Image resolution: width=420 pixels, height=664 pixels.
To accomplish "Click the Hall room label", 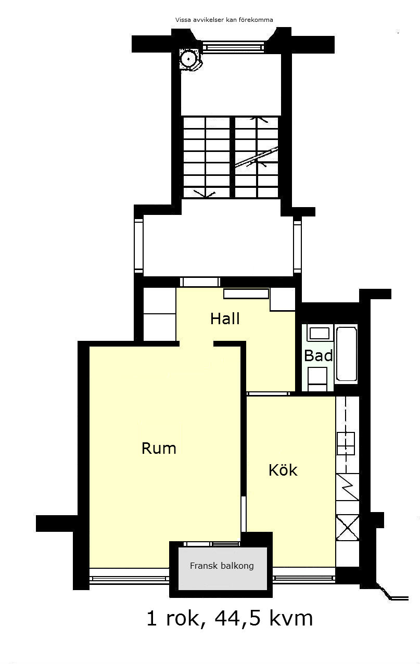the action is pos(225,318).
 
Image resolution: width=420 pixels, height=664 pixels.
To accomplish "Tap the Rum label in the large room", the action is pos(159,448).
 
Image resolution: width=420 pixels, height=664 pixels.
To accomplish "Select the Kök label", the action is pos(283,470).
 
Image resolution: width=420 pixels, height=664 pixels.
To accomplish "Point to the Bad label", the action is pos(319,355).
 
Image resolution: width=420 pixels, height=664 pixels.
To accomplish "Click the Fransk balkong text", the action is pos(222,566).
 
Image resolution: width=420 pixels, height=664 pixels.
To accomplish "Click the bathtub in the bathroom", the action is pos(347,354).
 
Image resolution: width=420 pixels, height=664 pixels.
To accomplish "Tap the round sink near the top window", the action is pos(188,59).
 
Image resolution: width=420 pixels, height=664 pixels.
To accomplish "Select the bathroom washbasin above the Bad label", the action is pos(320,334).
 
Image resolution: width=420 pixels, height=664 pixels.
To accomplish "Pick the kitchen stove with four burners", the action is pos(346,443).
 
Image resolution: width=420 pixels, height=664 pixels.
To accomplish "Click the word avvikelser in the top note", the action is pos(207,20).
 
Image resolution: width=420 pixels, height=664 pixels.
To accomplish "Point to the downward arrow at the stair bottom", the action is pos(204,194).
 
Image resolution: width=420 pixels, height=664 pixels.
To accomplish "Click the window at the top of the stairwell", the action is pos(233,46).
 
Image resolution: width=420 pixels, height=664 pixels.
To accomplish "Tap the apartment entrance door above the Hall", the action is pos(200,282).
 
